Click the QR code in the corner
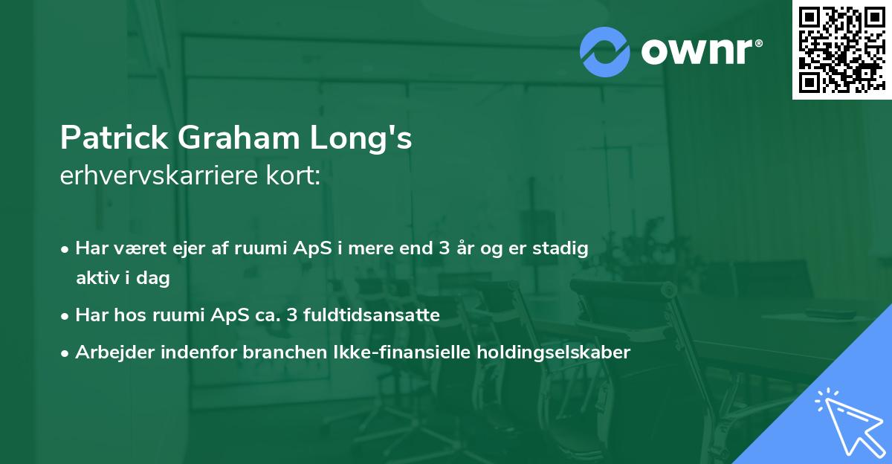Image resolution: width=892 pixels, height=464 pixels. click(841, 49)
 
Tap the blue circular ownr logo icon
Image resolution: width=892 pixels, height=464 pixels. click(604, 51)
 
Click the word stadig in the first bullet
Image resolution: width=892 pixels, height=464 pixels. click(565, 248)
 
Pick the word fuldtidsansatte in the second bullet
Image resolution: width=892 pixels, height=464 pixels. click(379, 315)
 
